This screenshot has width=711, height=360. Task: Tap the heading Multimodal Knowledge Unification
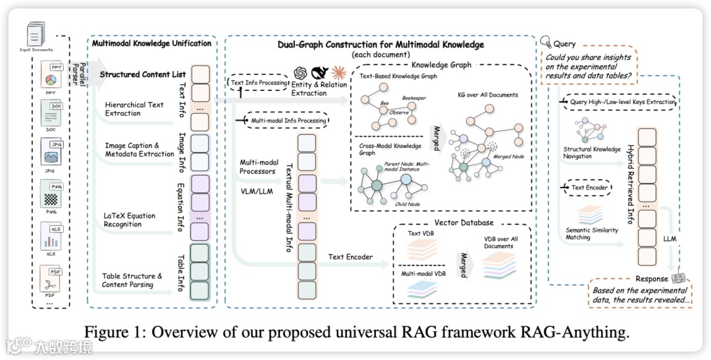pos(152,43)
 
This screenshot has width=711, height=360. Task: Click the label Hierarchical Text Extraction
pos(134,109)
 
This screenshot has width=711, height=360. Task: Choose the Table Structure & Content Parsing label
pos(132,280)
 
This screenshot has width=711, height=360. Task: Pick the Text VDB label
pos(422,233)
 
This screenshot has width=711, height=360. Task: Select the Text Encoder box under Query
pos(587,188)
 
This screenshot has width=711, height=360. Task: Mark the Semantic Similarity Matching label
pos(592,233)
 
